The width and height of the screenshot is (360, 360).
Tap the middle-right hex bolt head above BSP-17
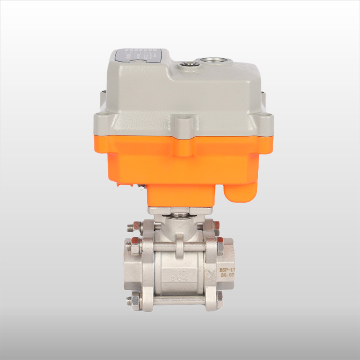point(220,247)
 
